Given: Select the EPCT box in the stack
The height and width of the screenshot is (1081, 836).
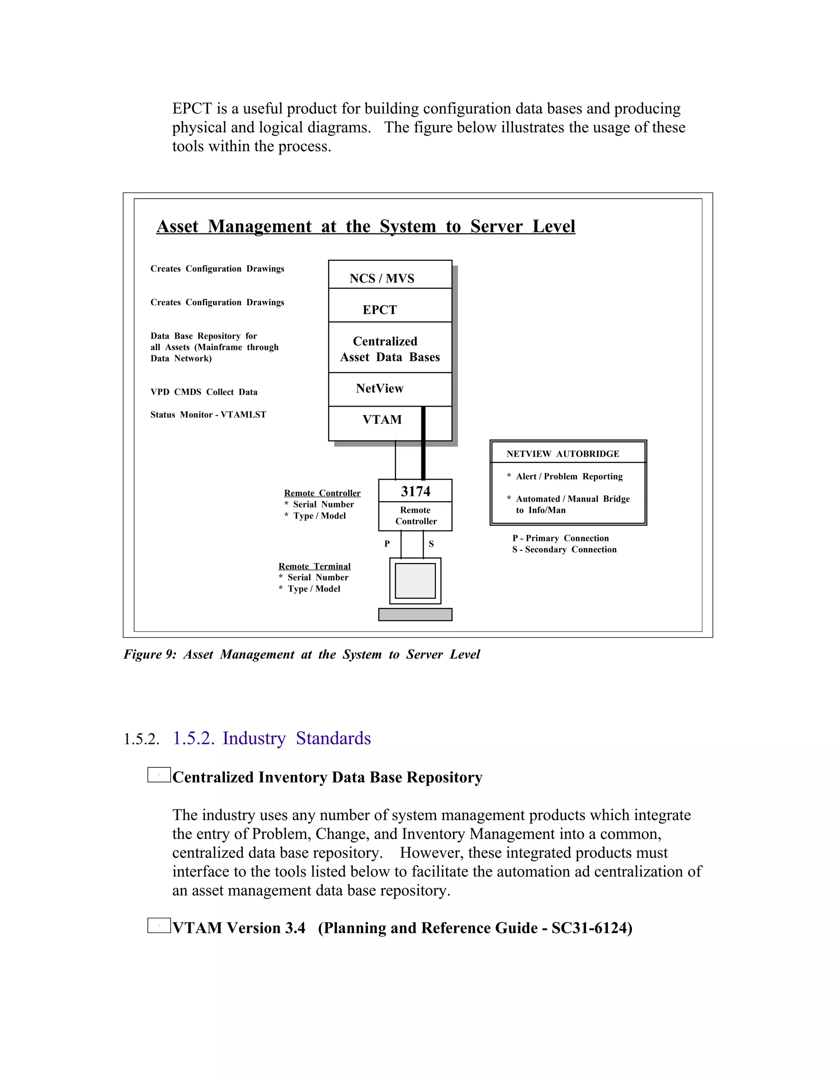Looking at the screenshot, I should click(x=390, y=306).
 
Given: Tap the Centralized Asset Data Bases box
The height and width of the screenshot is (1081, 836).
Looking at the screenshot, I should click(x=390, y=348).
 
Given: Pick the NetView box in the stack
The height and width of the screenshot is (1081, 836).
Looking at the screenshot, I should click(x=390, y=390).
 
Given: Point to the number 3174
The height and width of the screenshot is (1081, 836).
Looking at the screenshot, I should click(x=415, y=492).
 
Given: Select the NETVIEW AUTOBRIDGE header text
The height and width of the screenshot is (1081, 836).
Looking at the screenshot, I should click(x=563, y=454).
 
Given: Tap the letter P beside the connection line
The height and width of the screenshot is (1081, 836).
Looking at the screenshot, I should click(x=387, y=544).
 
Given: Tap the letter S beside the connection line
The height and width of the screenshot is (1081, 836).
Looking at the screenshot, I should click(x=431, y=544).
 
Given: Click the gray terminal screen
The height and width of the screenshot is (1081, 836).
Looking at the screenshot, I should click(x=415, y=580).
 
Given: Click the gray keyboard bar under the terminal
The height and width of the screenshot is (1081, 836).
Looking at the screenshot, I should click(x=415, y=614).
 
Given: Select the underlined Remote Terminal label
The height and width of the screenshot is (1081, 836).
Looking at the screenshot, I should click(x=314, y=566).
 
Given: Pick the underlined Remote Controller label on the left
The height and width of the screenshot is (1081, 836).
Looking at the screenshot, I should click(x=322, y=493).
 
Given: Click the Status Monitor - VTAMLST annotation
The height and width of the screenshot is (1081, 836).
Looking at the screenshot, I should click(x=208, y=415).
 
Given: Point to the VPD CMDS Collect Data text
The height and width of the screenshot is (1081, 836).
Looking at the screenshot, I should click(x=204, y=392).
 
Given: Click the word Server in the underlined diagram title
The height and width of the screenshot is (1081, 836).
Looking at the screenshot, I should click(x=496, y=226).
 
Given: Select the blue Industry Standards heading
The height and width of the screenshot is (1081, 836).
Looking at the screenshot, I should click(x=296, y=738).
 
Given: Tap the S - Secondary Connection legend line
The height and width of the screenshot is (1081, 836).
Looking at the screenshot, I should click(x=564, y=549).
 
